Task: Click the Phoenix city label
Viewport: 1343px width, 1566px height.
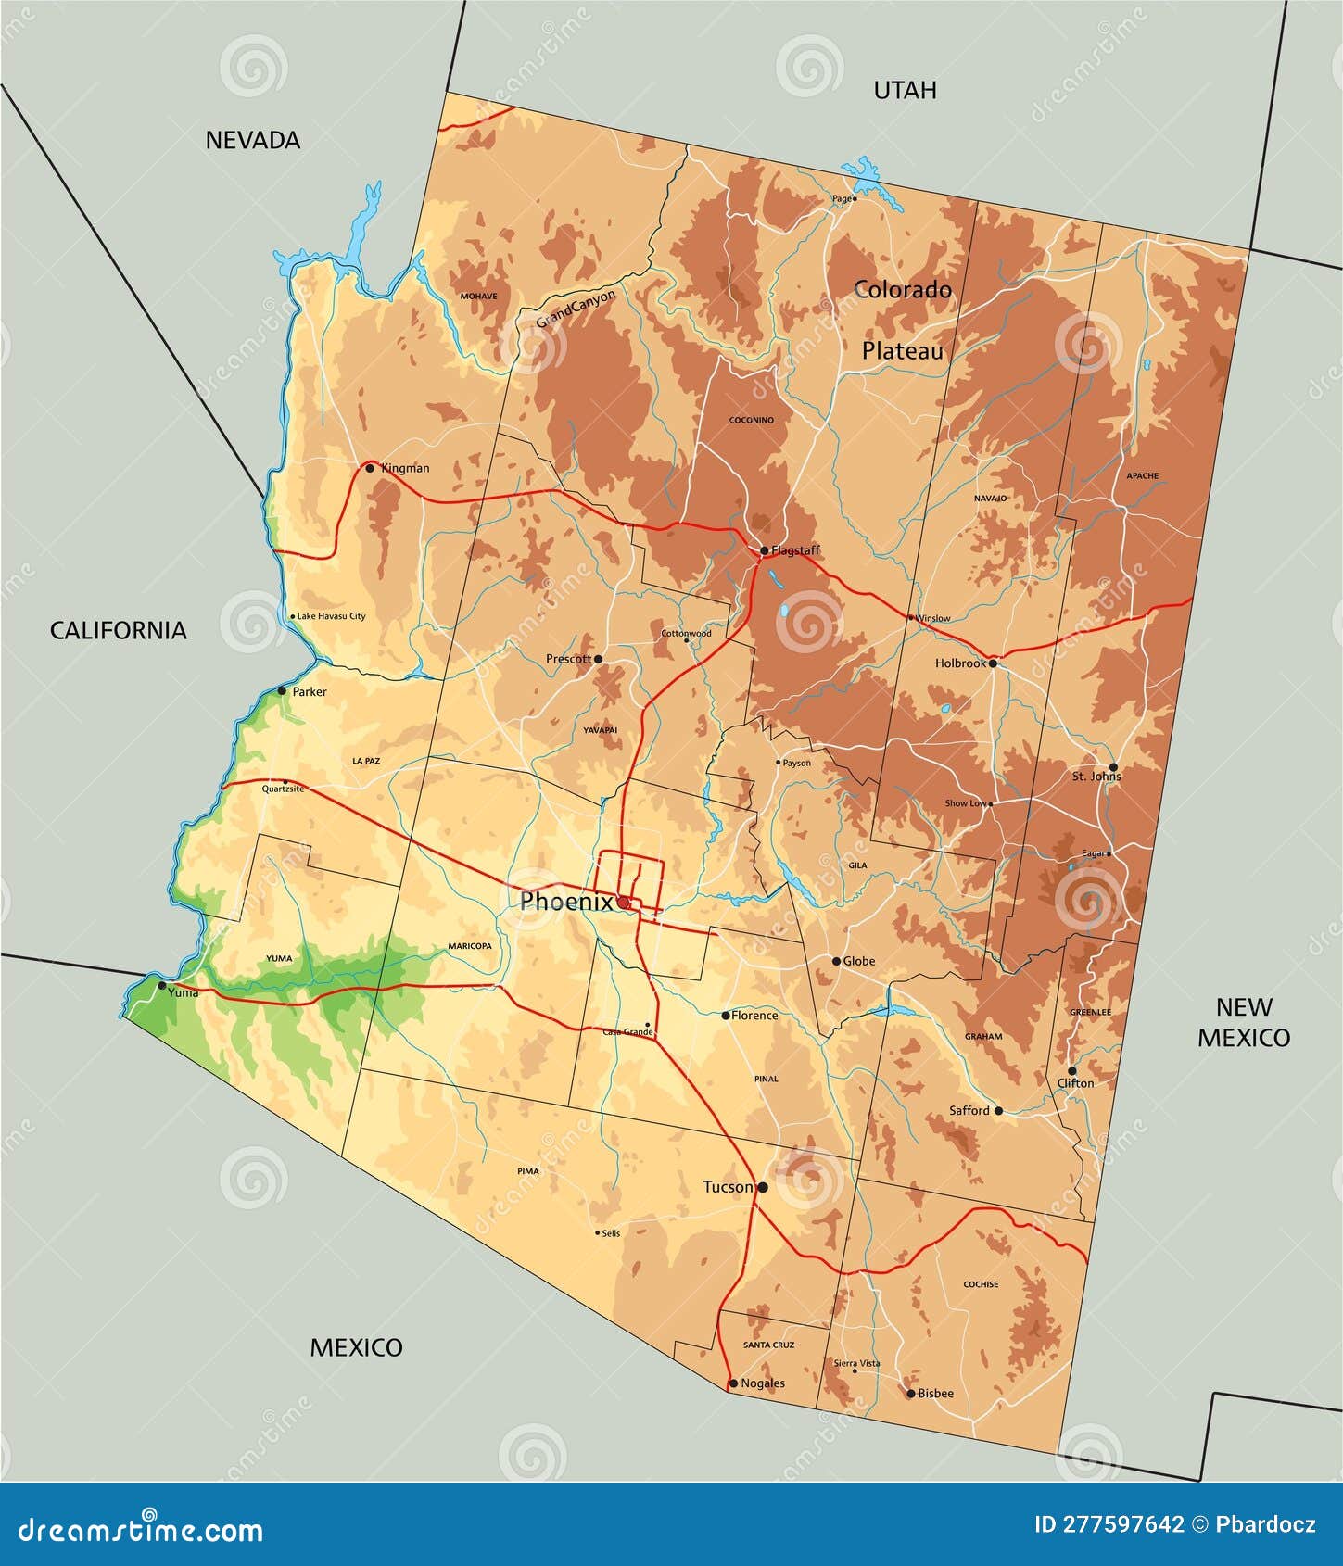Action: pos(565,902)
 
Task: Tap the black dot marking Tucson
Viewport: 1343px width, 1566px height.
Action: pos(763,1187)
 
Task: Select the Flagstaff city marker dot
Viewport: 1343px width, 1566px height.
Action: pos(764,550)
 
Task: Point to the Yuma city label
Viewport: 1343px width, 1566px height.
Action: pos(184,992)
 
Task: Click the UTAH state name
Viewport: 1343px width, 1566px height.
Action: pos(905,90)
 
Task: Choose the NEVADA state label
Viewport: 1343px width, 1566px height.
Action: pos(252,140)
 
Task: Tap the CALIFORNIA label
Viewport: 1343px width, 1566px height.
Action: pos(118,630)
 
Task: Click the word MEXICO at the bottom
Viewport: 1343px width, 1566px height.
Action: pos(356,1347)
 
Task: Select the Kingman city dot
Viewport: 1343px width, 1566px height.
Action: pos(370,468)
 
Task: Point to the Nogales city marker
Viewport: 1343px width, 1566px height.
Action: pos(733,1383)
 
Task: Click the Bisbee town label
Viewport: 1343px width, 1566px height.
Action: pos(935,1394)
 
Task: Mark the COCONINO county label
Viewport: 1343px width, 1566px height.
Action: pos(751,420)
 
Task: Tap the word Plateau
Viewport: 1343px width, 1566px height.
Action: pos(902,351)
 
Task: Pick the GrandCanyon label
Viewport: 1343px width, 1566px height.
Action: pos(576,309)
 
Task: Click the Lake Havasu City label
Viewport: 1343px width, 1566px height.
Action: pos(331,616)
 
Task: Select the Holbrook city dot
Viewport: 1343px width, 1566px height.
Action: pos(993,663)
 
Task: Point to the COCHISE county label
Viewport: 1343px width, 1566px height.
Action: pos(981,1284)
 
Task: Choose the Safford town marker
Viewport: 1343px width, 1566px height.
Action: pos(998,1110)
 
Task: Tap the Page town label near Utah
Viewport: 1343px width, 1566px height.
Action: pos(841,198)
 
